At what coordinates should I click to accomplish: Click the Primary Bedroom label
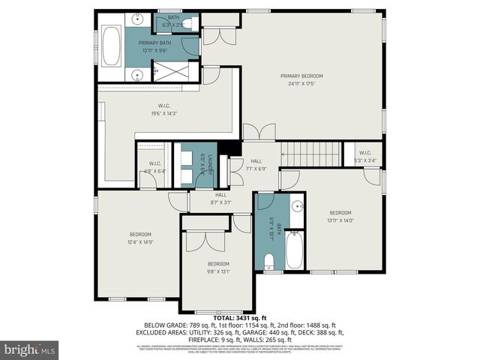301,76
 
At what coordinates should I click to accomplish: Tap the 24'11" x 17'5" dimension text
301,83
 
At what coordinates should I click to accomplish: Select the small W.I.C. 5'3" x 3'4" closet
365,155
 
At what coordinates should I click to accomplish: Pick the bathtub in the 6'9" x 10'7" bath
294,250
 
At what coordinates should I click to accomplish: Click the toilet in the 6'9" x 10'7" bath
269,260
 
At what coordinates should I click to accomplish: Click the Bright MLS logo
29,349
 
